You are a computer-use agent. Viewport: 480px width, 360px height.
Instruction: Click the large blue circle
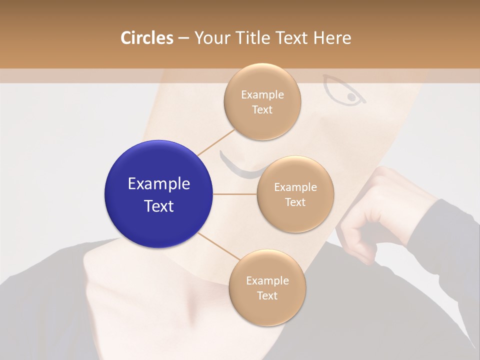pyautogui.click(x=158, y=194)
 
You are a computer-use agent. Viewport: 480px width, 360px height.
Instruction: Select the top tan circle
pyautogui.click(x=262, y=101)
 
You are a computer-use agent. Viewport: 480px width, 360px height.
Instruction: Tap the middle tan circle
pyautogui.click(x=295, y=194)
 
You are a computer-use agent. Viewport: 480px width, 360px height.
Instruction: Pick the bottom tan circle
pyautogui.click(x=267, y=287)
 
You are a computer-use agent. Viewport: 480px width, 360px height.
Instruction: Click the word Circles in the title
pyautogui.click(x=147, y=38)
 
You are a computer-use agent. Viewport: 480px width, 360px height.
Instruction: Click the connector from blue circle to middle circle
pyautogui.click(x=235, y=194)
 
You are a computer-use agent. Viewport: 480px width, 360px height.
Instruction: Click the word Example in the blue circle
pyautogui.click(x=158, y=184)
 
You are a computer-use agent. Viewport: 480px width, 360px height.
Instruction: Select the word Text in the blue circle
pyautogui.click(x=158, y=206)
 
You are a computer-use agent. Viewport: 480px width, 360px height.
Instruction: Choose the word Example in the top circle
pyautogui.click(x=262, y=94)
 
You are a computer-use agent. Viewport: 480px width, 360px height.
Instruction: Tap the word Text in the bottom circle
pyautogui.click(x=267, y=295)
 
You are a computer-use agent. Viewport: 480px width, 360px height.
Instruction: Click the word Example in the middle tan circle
pyautogui.click(x=295, y=187)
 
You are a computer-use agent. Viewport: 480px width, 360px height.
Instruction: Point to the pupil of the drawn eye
pyautogui.click(x=351, y=96)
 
